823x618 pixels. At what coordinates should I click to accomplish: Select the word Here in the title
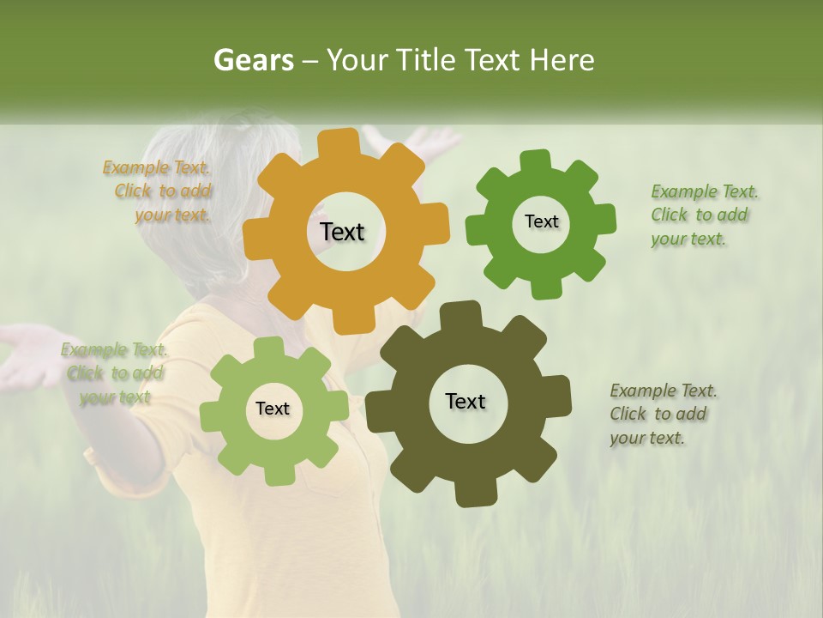[x=562, y=60]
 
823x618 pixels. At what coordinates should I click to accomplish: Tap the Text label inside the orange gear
[x=342, y=232]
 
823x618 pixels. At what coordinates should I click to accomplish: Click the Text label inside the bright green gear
[x=541, y=221]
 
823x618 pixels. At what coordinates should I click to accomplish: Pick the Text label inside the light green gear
[x=273, y=409]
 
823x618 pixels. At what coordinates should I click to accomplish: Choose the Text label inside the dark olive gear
[x=466, y=401]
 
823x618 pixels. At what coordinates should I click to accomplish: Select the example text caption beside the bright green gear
[x=703, y=215]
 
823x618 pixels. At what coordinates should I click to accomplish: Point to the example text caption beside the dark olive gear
[x=662, y=414]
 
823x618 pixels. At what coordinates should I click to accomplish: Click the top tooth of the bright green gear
[x=537, y=160]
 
